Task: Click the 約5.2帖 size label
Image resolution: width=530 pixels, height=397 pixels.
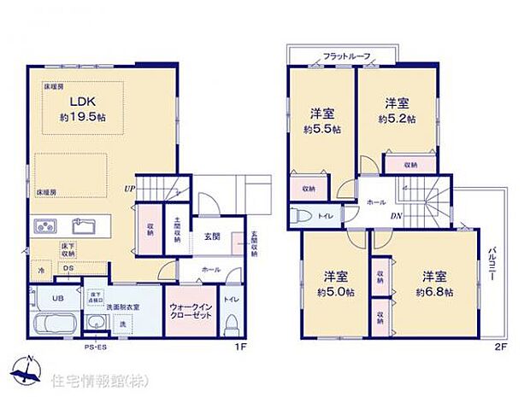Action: [397, 120]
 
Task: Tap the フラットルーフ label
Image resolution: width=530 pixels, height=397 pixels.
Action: [346, 56]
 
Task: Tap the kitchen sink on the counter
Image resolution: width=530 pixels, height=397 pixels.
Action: [84, 226]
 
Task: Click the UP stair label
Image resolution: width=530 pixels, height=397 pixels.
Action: [130, 188]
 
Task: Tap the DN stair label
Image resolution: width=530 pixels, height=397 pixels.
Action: [397, 216]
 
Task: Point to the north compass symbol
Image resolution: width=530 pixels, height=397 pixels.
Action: [28, 367]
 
